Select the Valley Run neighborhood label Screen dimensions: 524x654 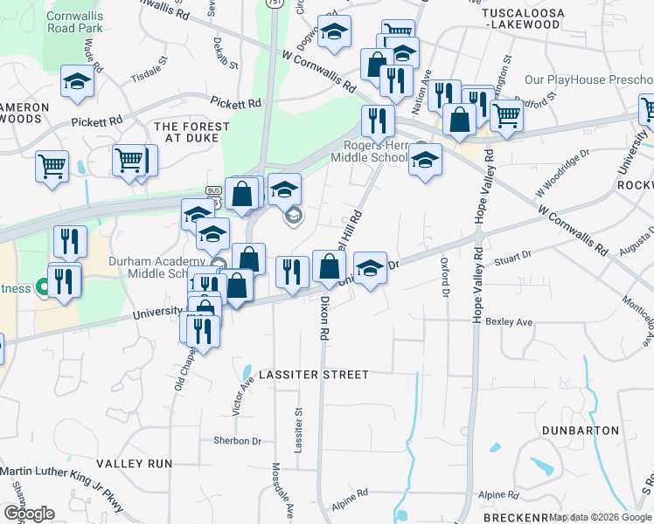135,464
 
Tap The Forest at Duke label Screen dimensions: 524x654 191,133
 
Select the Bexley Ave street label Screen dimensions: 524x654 515,322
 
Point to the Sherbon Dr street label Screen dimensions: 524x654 238,441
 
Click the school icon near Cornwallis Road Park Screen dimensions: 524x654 78,82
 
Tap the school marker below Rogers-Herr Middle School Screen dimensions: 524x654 425,160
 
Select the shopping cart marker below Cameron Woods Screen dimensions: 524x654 52,165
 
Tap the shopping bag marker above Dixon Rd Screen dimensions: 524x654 329,267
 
